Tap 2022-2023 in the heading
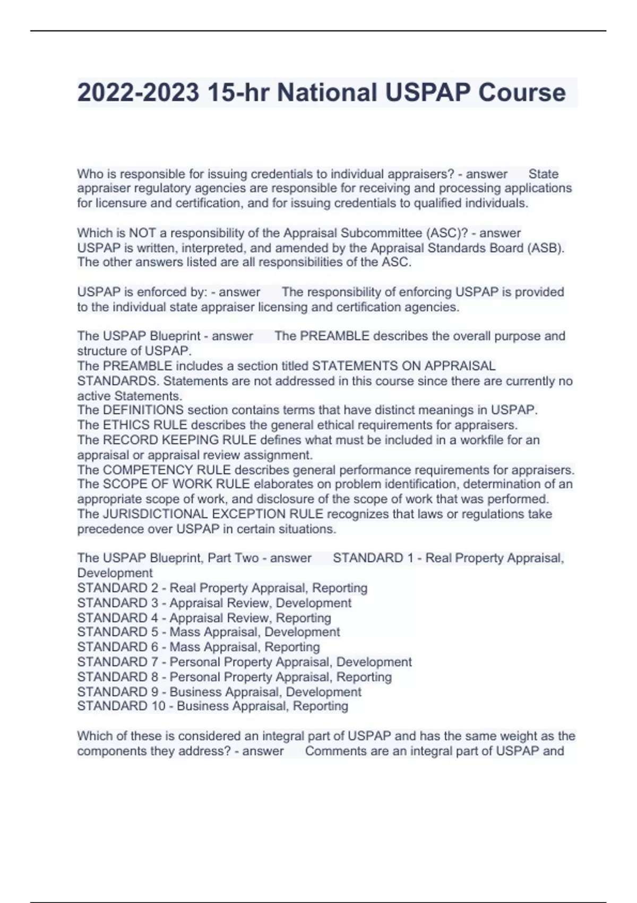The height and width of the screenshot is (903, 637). pos(138,93)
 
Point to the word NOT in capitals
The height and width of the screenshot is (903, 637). pos(142,233)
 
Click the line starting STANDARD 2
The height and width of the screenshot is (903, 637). pos(222,588)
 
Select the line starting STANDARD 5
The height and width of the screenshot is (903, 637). pos(208,632)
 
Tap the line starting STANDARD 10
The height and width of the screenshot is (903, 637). pos(212,706)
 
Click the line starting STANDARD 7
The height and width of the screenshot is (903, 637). pos(244,662)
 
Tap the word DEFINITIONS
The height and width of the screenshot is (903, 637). pos(143,410)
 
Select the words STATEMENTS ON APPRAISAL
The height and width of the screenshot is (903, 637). pos(403,366)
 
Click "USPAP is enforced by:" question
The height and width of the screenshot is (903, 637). pos(142,292)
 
